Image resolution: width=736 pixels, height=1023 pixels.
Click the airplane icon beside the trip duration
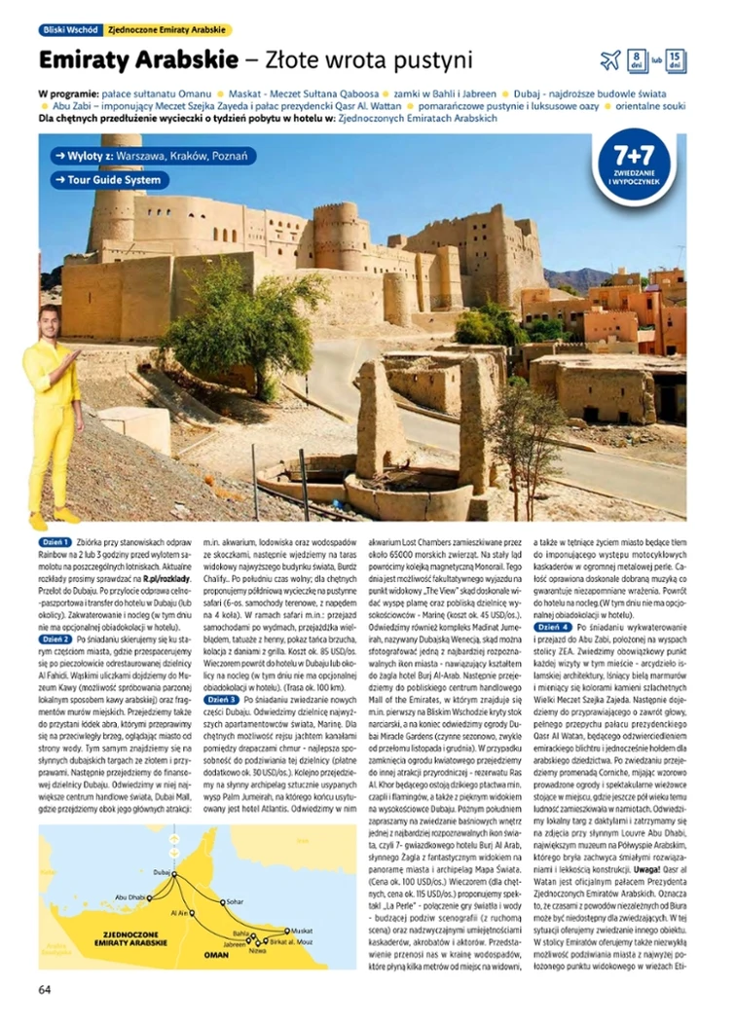pos(609,61)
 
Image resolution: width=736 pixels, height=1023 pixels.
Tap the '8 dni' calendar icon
pos(636,60)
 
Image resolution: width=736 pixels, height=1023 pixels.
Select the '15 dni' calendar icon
pos(677,60)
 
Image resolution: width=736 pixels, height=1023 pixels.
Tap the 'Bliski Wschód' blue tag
pos(67,30)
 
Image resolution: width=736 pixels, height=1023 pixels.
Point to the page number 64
pos(45,989)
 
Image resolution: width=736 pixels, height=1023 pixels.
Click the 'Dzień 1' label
pos(55,541)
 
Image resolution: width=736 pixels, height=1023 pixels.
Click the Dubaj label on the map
pos(162,873)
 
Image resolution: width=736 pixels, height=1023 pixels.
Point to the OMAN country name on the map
pos(215,955)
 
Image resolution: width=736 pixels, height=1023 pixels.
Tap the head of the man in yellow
pos(48,322)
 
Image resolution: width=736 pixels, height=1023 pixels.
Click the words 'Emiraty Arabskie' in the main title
pos(137,60)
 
